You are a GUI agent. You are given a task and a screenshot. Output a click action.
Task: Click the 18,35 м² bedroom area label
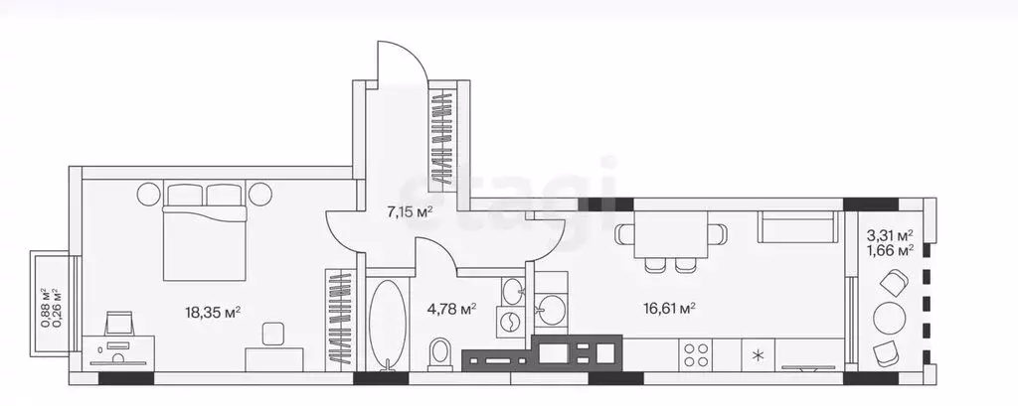(213, 312)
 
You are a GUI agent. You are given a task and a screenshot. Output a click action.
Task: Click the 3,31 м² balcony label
(890, 234)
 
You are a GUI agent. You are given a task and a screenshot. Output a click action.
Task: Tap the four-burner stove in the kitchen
(695, 354)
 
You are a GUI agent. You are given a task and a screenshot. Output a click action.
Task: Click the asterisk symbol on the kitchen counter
(758, 354)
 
